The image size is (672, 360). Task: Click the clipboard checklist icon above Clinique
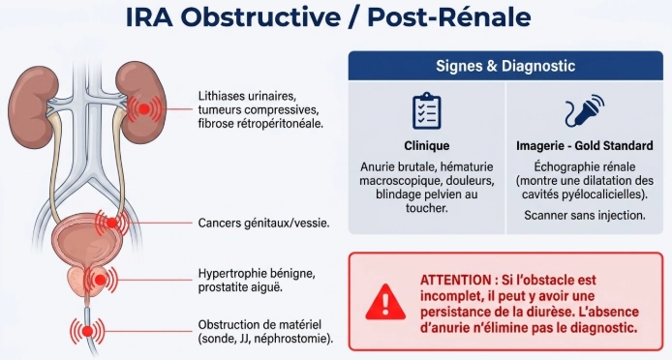pyautogui.click(x=426, y=110)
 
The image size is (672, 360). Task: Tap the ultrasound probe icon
pyautogui.click(x=584, y=110)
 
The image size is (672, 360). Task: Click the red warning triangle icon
pyautogui.click(x=385, y=302)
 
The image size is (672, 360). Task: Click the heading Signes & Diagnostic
pyautogui.click(x=505, y=66)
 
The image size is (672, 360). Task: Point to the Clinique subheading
pyautogui.click(x=426, y=146)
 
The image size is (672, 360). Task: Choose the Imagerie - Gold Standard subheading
pyautogui.click(x=585, y=146)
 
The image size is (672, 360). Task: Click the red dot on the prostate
pyautogui.click(x=100, y=281)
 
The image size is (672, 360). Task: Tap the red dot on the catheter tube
pyautogui.click(x=87, y=331)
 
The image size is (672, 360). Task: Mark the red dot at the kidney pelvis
pyautogui.click(x=144, y=108)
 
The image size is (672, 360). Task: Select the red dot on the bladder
pyautogui.click(x=112, y=223)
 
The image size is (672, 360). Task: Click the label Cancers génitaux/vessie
pyautogui.click(x=263, y=224)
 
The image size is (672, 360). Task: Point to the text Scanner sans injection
pyautogui.click(x=585, y=215)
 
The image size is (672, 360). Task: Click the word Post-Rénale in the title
pyautogui.click(x=449, y=17)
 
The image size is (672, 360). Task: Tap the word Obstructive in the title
pyautogui.click(x=261, y=17)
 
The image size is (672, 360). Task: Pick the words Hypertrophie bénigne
pyautogui.click(x=257, y=274)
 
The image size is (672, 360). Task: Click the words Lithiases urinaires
pyautogui.click(x=247, y=96)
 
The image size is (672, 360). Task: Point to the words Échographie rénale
pyautogui.click(x=585, y=166)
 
